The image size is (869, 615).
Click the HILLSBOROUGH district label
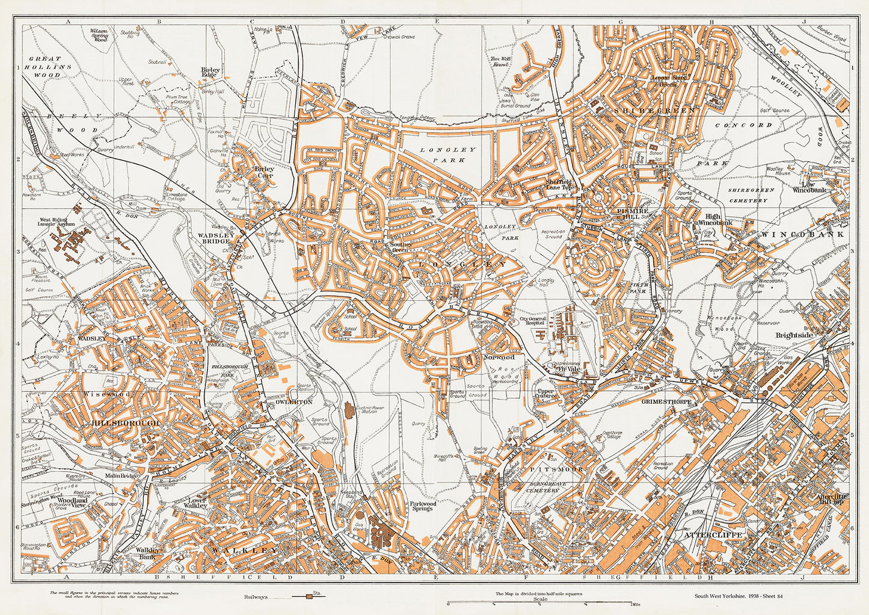[x=126, y=424]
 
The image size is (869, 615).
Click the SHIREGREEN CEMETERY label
[x=751, y=195]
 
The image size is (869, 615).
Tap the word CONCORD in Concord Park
[x=752, y=125]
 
